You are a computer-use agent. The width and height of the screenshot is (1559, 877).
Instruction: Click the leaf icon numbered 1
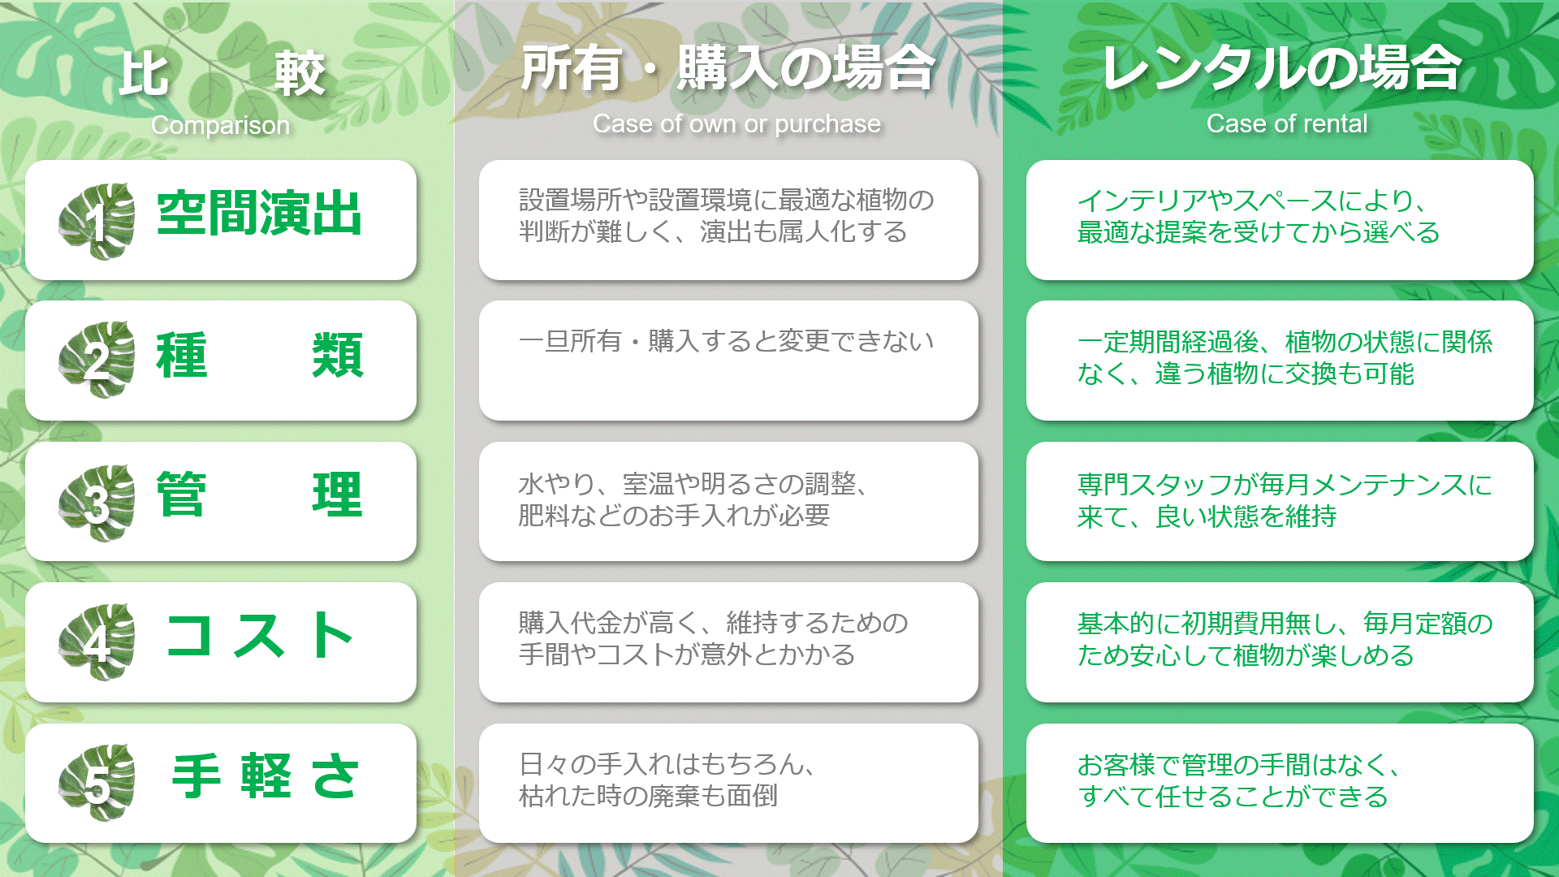click(x=97, y=221)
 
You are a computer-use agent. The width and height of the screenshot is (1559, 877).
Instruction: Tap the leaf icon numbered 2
click(x=97, y=360)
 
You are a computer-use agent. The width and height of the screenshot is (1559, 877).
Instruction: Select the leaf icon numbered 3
click(x=97, y=503)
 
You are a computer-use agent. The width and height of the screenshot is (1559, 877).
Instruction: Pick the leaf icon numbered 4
click(x=97, y=642)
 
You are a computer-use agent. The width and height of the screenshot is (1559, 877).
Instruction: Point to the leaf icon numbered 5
click(x=97, y=783)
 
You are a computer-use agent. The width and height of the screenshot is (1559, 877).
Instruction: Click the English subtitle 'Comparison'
click(x=220, y=125)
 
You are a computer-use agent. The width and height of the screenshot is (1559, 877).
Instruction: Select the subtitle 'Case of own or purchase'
click(x=736, y=123)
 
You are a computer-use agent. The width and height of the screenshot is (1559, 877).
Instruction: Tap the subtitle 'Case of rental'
click(x=1287, y=123)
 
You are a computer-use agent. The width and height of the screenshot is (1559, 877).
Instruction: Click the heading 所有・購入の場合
click(x=728, y=67)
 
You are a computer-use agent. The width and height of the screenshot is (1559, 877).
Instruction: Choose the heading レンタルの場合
click(x=1281, y=67)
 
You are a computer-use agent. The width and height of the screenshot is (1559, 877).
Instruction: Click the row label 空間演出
click(x=259, y=214)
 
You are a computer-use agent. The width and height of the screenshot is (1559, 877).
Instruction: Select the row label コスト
click(x=259, y=635)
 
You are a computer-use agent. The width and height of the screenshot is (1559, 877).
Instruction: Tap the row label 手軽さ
click(x=265, y=775)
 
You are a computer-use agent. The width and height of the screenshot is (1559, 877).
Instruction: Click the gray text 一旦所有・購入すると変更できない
click(x=727, y=341)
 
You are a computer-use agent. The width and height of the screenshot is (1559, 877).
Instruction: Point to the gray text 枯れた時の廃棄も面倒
click(x=648, y=796)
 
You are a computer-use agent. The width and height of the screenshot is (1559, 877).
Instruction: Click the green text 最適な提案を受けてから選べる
click(x=1259, y=232)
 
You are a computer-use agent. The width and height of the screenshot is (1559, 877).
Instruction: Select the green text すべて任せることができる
click(x=1233, y=797)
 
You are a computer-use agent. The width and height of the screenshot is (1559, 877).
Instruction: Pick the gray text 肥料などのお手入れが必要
click(x=674, y=515)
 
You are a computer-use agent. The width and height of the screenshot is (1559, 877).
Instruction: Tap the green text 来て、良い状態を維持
click(x=1207, y=516)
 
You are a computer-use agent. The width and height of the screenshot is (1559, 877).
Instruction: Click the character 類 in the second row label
click(x=338, y=355)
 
